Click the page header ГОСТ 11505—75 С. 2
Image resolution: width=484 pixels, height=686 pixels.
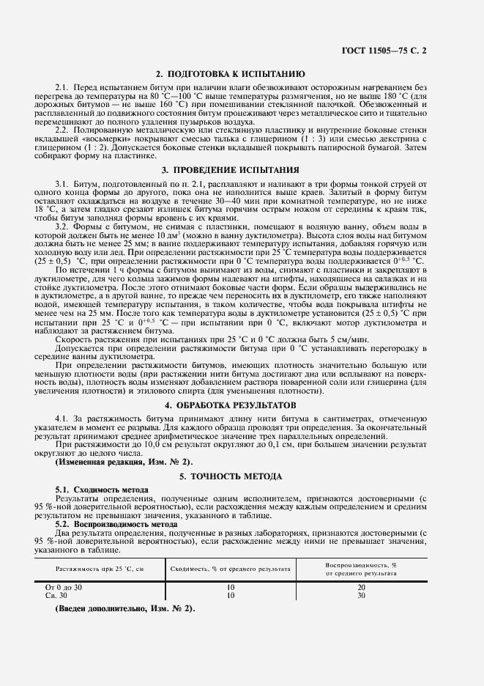pos(414,49)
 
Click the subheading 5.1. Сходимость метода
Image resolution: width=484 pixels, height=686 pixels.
pos(102,489)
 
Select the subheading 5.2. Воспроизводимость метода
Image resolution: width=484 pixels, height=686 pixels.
pos(116,525)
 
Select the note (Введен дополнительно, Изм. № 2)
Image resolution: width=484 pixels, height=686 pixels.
pos(124,609)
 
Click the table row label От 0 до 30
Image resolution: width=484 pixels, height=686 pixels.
pos(64,588)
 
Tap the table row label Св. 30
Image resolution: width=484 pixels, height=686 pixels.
pos(56,595)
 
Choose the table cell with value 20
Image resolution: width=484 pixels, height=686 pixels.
pos(361,588)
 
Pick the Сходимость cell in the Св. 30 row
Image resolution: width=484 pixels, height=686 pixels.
pos(230,595)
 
